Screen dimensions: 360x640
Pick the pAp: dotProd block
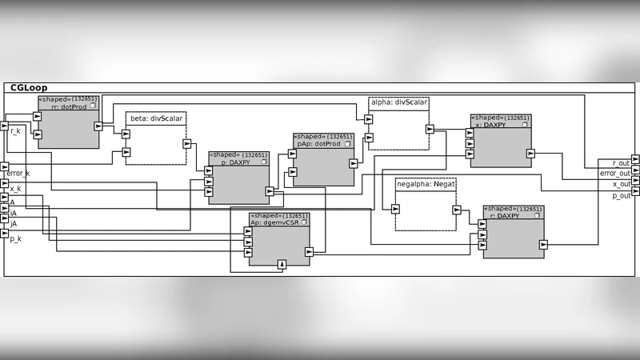[x=323, y=160]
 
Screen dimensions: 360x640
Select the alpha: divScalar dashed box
[x=398, y=123]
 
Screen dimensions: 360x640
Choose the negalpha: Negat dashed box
[x=425, y=204]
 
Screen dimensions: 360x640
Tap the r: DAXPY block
[x=514, y=233]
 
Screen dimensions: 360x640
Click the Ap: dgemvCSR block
[x=278, y=239]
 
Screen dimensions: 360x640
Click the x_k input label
[x=15, y=189]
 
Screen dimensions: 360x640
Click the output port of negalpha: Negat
[x=457, y=210]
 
